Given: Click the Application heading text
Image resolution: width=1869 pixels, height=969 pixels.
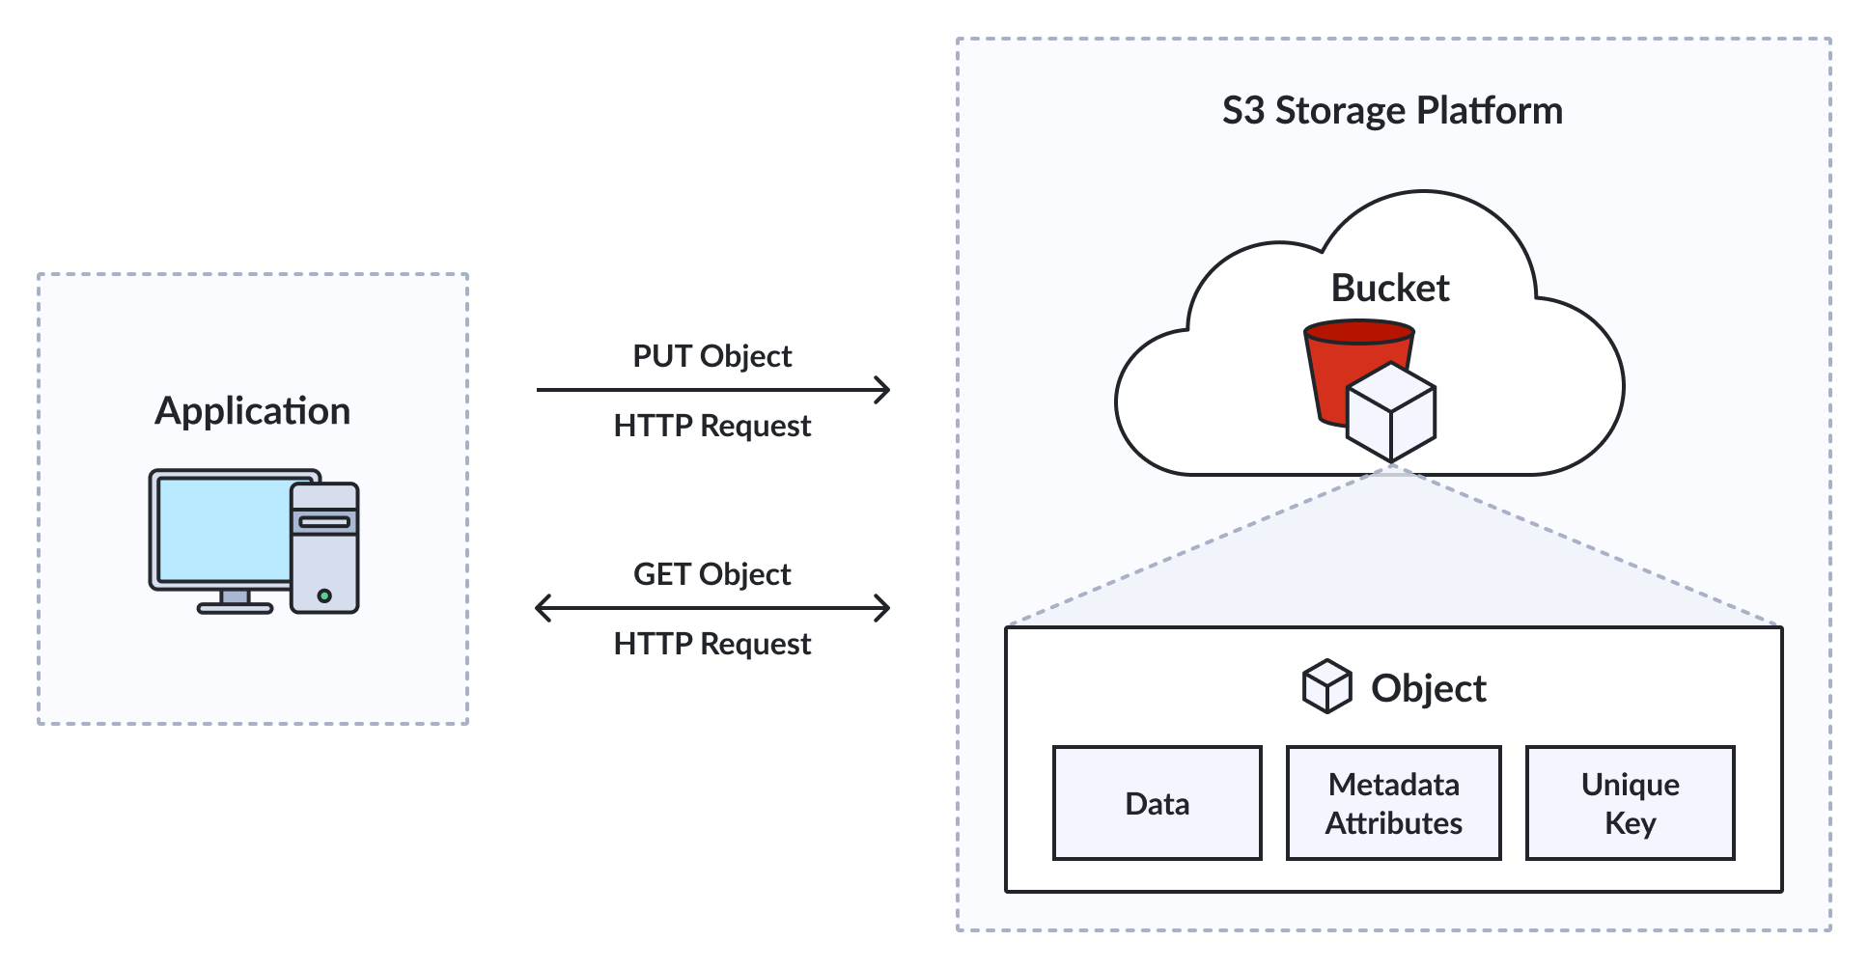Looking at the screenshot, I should [x=253, y=411].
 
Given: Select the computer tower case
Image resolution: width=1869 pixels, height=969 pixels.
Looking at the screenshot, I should [x=325, y=547].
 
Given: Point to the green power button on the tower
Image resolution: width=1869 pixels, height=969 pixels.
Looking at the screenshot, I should [x=324, y=595].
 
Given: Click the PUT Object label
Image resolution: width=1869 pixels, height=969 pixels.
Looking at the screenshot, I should [x=712, y=356].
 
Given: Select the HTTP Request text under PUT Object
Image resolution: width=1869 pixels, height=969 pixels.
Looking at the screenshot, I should [x=712, y=426].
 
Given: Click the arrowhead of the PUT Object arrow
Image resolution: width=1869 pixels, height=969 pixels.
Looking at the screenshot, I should [x=882, y=390].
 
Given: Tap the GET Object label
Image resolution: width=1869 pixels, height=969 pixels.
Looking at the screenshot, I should [x=712, y=574].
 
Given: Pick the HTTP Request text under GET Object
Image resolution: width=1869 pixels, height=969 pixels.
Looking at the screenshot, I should [x=712, y=644].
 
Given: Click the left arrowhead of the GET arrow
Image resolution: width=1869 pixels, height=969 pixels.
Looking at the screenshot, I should [x=543, y=608].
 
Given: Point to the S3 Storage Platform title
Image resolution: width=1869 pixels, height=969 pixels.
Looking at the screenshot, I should [x=1392, y=111].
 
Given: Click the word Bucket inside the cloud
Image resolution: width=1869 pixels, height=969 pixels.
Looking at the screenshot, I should [x=1390, y=288].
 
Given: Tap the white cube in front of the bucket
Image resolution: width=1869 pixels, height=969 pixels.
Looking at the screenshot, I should [x=1391, y=412].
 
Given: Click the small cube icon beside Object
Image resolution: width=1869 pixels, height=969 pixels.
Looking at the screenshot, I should [x=1327, y=686].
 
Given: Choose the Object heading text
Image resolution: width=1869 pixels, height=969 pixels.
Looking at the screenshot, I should [x=1429, y=688].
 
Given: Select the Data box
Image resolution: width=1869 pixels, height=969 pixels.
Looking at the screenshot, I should [x=1158, y=803].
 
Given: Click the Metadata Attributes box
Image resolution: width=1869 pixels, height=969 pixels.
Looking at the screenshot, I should [x=1394, y=803].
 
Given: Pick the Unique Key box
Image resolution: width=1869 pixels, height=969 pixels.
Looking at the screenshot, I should [x=1631, y=803].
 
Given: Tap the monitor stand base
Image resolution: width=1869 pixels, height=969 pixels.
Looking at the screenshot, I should [x=236, y=608].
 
